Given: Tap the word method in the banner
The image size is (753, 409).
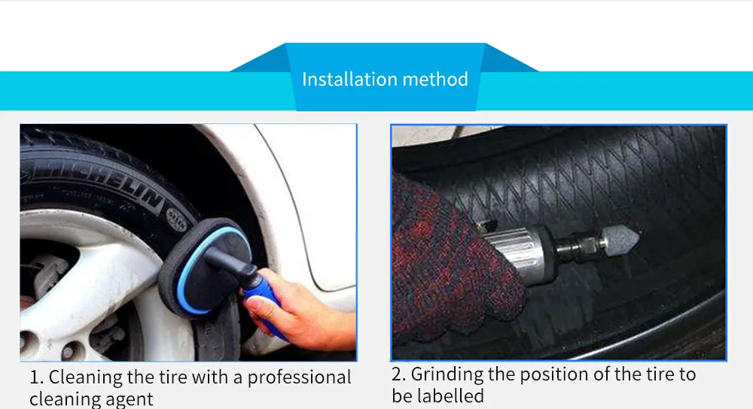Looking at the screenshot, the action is [x=435, y=80].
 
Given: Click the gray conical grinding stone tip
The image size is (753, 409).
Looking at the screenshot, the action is [x=620, y=238].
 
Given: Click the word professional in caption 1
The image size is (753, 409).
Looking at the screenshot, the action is [x=299, y=378].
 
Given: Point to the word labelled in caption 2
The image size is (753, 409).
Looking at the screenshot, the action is [x=450, y=396].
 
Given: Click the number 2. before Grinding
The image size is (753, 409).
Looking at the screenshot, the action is [x=398, y=374].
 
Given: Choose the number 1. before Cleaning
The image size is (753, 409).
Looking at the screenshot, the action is [x=36, y=378].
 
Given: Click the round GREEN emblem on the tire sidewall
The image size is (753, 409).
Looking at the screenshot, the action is [x=176, y=218].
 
